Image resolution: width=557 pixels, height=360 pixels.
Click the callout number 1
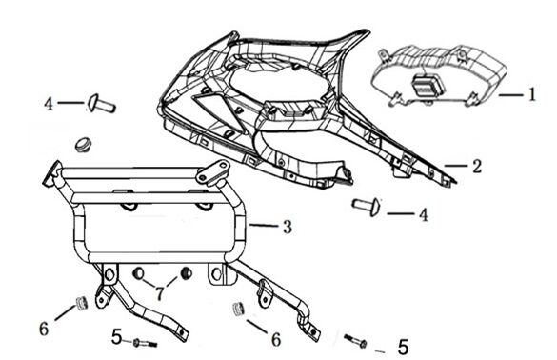tap(531, 94)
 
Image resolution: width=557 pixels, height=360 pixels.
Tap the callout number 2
tap(477, 167)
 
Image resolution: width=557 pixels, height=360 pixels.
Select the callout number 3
tap(288, 227)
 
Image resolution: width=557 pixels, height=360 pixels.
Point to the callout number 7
tap(160, 293)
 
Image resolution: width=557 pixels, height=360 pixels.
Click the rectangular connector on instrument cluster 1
tap(428, 84)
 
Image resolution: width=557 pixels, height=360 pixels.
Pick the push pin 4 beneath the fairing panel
tap(367, 206)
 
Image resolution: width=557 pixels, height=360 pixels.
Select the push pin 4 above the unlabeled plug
tap(102, 103)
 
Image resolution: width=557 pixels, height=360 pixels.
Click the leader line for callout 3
tap(264, 226)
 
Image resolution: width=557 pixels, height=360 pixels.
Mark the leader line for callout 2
tap(456, 166)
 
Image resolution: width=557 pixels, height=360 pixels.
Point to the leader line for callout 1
tap(510, 95)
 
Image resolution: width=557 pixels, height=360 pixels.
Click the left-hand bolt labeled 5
tap(145, 343)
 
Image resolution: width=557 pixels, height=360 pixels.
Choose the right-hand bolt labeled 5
tap(355, 341)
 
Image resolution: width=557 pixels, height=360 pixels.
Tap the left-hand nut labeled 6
tap(82, 303)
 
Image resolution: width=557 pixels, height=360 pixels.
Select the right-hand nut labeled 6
tap(238, 309)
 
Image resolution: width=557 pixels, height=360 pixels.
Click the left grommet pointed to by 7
tap(138, 273)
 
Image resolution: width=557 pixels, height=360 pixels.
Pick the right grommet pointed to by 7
tap(186, 273)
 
